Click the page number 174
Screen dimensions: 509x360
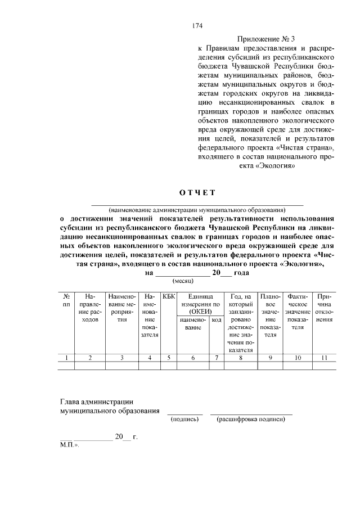tap(197, 26)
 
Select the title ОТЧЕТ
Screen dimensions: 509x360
tap(197, 193)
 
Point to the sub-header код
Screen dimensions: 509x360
tap(217, 319)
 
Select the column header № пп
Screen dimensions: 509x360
tap(66, 300)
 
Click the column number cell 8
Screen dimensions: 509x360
tap(241, 357)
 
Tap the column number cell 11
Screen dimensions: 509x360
tap(324, 357)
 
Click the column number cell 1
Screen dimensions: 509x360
tap(66, 357)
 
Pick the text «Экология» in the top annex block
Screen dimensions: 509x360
tap(276, 165)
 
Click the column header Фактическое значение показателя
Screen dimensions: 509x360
tap(298, 312)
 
